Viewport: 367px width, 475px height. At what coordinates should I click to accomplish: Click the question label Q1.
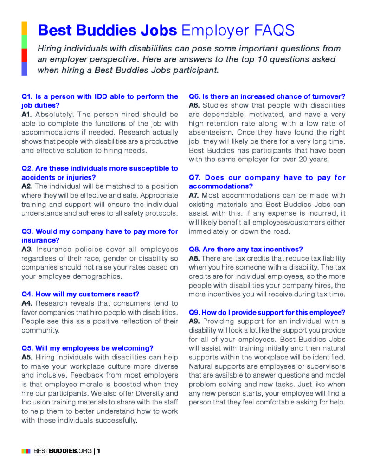pos(27,96)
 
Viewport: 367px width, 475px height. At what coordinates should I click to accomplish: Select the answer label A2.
pos(27,186)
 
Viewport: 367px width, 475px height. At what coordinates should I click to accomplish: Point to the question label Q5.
pos(27,348)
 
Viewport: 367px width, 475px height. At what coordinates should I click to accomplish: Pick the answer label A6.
pos(194,105)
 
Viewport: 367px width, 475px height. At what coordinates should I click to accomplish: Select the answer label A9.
pos(194,321)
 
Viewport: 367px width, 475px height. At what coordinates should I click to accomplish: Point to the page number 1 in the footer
pos(99,450)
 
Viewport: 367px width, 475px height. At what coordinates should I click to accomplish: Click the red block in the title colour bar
pos(24,55)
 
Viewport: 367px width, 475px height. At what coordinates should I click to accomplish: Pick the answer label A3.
pos(27,249)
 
